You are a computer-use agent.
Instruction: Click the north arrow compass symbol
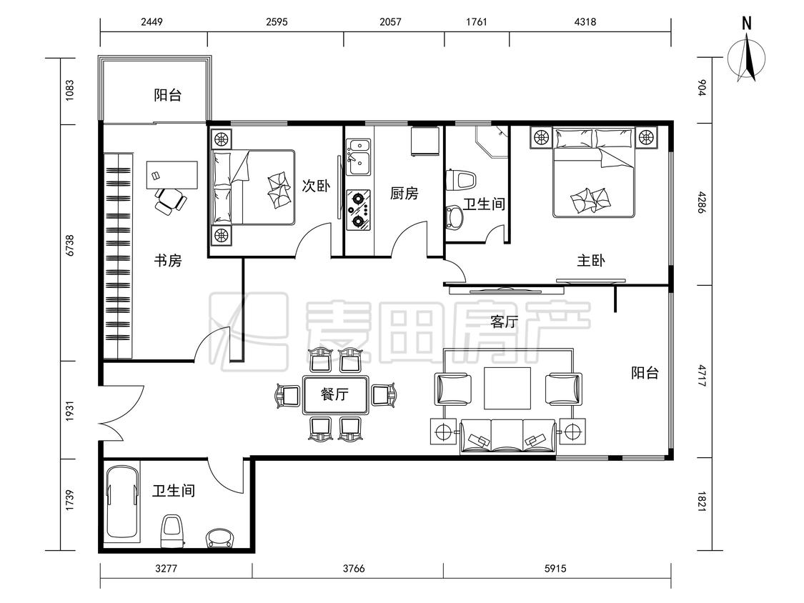(x=747, y=56)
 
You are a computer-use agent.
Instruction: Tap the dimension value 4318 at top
(x=585, y=21)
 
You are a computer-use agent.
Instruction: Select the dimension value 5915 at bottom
(x=555, y=568)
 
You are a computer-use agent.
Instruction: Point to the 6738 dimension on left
(x=70, y=246)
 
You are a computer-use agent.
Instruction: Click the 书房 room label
(x=168, y=261)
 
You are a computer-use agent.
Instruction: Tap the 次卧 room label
(x=316, y=186)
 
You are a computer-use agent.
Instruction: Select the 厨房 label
(x=404, y=194)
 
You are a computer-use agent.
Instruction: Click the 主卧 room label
(x=591, y=261)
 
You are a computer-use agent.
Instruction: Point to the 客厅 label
(x=504, y=322)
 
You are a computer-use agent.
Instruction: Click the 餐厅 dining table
(x=335, y=394)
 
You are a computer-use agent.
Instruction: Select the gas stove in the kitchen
(x=358, y=209)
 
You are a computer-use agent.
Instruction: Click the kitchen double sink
(x=358, y=157)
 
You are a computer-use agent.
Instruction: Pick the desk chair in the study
(x=169, y=201)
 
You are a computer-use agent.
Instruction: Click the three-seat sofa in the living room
(x=508, y=436)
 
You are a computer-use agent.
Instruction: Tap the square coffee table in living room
(x=507, y=388)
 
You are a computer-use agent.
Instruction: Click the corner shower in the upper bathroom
(x=492, y=141)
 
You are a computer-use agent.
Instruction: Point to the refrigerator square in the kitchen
(x=425, y=141)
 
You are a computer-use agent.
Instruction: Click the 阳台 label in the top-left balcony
(x=168, y=95)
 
